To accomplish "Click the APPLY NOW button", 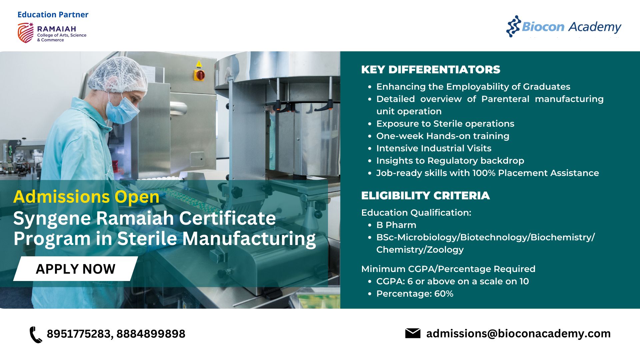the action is (75, 269).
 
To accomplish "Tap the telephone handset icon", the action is (36, 335).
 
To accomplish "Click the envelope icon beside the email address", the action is (413, 333).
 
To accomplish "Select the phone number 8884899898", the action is (151, 334).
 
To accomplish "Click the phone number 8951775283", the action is (79, 334).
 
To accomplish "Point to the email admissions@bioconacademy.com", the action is (518, 334).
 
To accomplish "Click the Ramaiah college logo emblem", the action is (26, 33).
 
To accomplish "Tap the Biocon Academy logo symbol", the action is (513, 26).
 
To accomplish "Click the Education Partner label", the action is (53, 15).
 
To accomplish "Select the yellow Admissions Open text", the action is (86, 197).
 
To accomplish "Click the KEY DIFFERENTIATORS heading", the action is (431, 69).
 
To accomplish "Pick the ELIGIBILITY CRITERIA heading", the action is (425, 195).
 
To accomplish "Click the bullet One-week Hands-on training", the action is (443, 136).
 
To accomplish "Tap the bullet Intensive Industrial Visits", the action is (434, 148).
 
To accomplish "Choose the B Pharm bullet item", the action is (396, 225).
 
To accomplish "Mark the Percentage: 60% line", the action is (415, 294).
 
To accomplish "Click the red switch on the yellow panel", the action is (200, 75).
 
